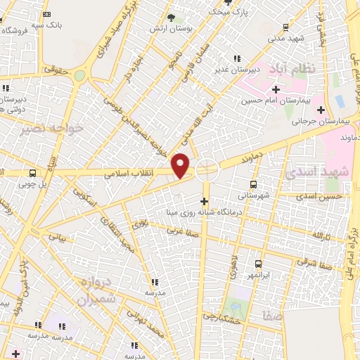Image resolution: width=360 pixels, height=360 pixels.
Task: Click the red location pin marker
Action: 181,165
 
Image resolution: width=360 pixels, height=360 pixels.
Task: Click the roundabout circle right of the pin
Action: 207,167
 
